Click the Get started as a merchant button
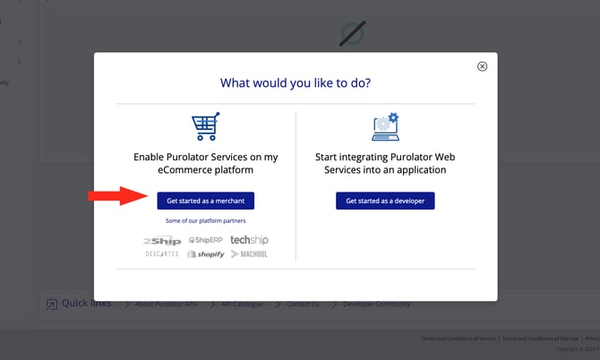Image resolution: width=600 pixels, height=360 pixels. coord(205,201)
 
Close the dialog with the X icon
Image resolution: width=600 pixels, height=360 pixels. coord(482,66)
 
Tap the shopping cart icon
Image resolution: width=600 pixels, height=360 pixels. coord(205,127)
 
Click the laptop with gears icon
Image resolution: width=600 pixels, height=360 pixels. coord(385,127)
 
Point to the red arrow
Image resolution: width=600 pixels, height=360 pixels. coord(116,196)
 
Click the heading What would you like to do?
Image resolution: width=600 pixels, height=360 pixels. coord(296,83)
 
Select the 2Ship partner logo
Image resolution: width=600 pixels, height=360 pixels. coord(162,241)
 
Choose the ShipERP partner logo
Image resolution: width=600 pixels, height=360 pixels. coord(205,241)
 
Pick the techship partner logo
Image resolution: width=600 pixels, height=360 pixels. coord(249,240)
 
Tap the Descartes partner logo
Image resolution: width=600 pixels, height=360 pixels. coord(162,254)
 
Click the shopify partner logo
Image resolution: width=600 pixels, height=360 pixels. coord(205,254)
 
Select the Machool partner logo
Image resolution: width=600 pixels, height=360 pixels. coord(249,254)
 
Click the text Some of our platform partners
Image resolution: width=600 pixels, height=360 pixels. coord(205,220)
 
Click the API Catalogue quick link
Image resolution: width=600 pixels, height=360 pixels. coord(242,304)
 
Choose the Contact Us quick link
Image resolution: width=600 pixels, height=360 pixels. coord(303,304)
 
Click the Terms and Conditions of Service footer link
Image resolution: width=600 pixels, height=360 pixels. coord(459,339)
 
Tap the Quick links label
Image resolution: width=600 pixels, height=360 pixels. coord(86,303)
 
